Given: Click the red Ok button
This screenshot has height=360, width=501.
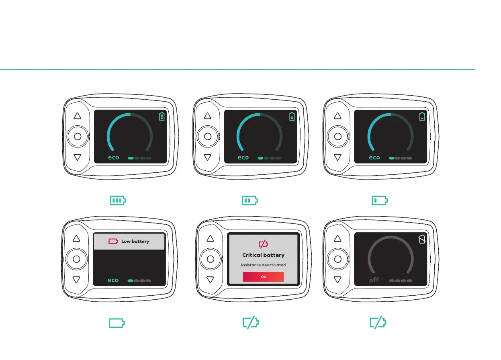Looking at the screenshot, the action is coord(263,277).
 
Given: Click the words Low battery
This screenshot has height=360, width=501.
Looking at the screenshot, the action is coord(135,241).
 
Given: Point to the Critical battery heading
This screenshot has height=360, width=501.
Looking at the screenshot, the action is coord(263,255).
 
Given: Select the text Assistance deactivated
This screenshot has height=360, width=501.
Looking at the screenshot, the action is coord(263,265).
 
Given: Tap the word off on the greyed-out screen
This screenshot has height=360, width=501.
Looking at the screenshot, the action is coord(374,280).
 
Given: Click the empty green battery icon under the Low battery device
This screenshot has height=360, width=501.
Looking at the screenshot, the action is coord(117,323).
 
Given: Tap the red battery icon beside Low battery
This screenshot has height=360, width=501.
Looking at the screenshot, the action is coord(114,241).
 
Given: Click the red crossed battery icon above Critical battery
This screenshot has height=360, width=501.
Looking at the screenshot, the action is coord(263,244).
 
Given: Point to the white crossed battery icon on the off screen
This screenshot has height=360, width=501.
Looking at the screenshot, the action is coord(421,239).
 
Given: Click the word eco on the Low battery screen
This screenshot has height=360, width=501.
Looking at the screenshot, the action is coord(113,280).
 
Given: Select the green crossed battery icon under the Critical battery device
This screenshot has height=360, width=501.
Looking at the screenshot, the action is coord(250,323).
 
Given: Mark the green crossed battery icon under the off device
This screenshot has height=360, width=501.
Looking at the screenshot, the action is coord(378,323).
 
